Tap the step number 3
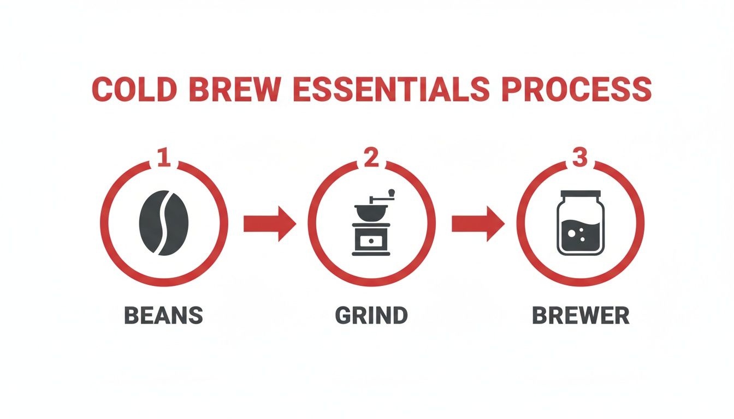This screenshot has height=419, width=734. pyautogui.click(x=579, y=158)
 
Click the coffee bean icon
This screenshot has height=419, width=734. pyautogui.click(x=164, y=223)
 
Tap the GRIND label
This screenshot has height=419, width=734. pyautogui.click(x=371, y=316)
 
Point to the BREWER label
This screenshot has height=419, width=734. pyautogui.click(x=581, y=316)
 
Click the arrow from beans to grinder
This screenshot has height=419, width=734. pyautogui.click(x=269, y=223)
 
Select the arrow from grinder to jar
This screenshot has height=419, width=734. pyautogui.click(x=477, y=223)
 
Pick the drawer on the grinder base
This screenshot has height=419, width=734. pyautogui.click(x=371, y=240)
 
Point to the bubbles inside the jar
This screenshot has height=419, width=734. pyautogui.click(x=574, y=234)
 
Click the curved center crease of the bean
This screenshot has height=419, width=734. pyautogui.click(x=164, y=223)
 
